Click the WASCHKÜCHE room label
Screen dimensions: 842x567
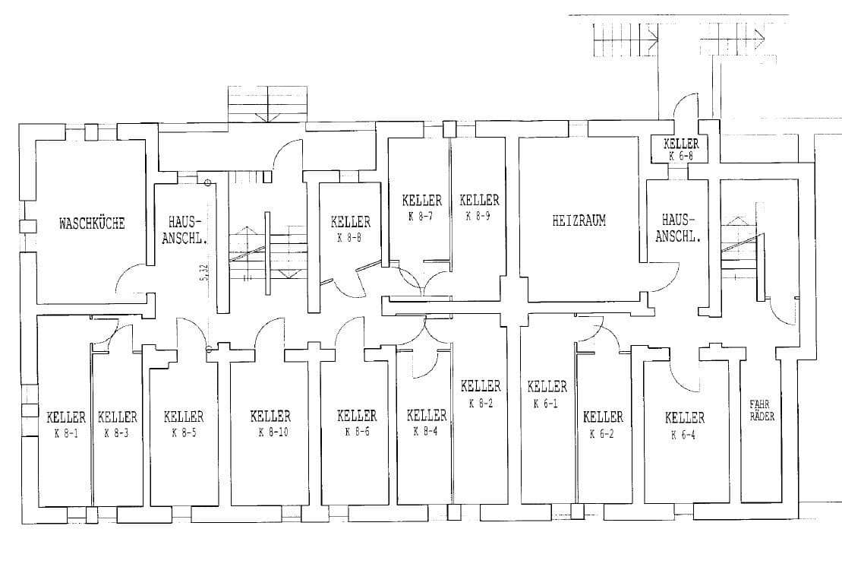point(92,223)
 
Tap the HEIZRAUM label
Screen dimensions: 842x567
point(579,220)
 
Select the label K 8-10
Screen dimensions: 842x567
point(273,432)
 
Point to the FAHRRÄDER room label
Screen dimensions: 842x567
point(762,410)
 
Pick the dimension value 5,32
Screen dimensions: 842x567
point(203,273)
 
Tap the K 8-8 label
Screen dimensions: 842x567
point(349,238)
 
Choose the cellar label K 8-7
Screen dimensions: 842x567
point(421,216)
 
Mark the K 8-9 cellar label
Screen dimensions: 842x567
point(478,216)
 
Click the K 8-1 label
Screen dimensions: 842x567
point(66,433)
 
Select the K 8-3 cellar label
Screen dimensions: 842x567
point(116,433)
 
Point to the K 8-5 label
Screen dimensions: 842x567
point(184,432)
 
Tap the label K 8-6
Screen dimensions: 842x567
point(357,431)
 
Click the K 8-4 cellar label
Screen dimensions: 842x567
point(426,430)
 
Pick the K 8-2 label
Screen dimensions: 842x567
point(481,403)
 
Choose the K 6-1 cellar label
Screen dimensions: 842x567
point(546,403)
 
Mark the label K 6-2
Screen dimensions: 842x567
point(602,433)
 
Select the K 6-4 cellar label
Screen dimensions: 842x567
point(683,434)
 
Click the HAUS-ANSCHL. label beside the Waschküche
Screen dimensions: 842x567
point(184,230)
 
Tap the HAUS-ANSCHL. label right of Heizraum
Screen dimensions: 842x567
point(678,228)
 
